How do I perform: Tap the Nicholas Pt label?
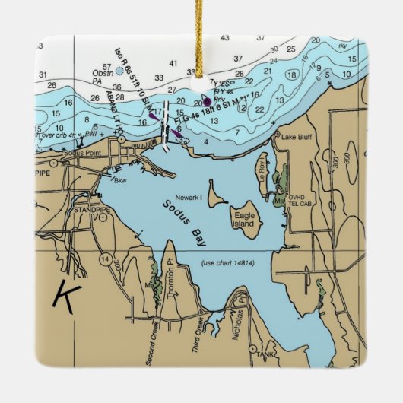pyautogui.click(x=239, y=308)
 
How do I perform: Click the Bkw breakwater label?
pyautogui.click(x=120, y=181)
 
